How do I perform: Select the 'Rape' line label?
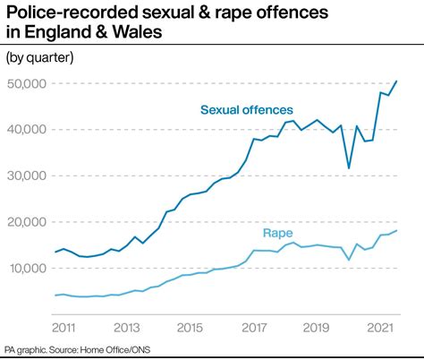(276, 234)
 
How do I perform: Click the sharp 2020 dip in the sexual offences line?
(349, 167)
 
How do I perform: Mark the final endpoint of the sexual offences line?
(397, 81)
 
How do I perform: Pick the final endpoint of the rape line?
(397, 230)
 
